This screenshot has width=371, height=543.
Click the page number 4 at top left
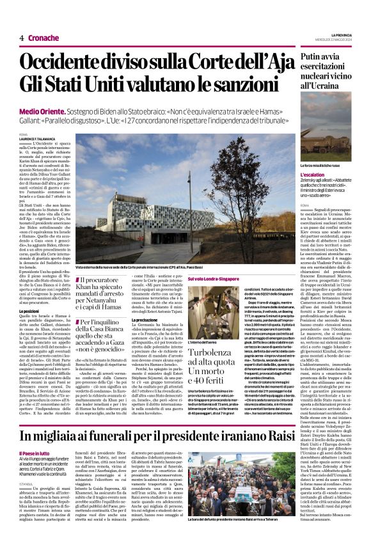pos(21,38)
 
